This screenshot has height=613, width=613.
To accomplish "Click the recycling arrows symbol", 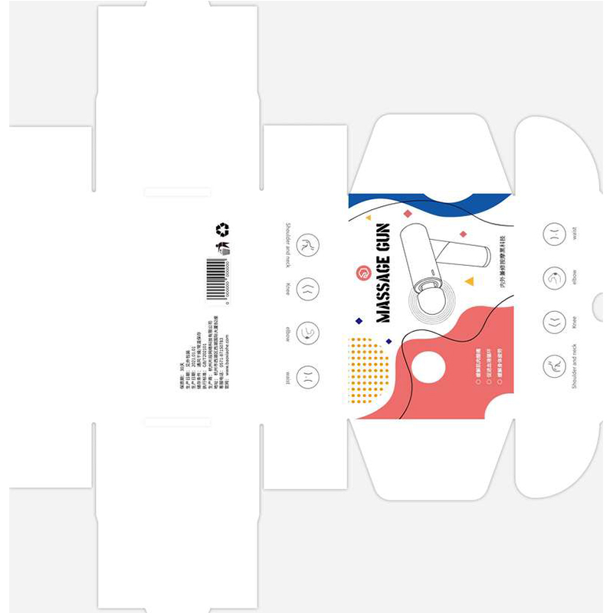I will (222, 229).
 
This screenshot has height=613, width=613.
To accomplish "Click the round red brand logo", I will (364, 273).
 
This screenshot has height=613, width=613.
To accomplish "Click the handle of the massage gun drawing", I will (464, 252).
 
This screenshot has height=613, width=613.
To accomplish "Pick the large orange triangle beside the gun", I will (469, 281).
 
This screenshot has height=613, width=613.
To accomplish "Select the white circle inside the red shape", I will (429, 368).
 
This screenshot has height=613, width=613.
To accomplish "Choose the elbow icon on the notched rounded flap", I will (554, 277).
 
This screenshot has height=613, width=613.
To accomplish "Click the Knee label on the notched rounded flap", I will (574, 322).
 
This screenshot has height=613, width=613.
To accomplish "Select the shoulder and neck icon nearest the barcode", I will (307, 245).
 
